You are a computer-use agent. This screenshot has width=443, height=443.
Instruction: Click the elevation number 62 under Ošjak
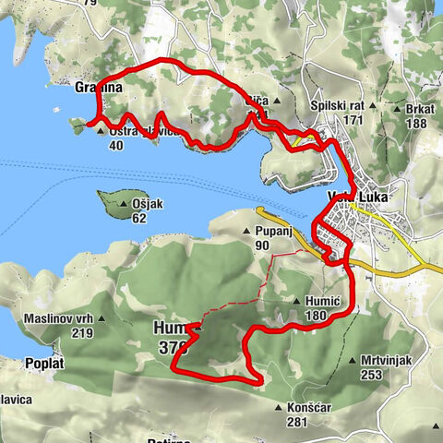tap(139, 219)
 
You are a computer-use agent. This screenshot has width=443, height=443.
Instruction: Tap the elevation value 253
tap(372, 374)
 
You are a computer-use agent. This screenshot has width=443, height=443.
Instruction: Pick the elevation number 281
tap(295, 421)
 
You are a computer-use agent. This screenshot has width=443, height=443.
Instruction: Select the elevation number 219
tap(57, 333)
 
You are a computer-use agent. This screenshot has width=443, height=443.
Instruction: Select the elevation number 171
tap(351, 122)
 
